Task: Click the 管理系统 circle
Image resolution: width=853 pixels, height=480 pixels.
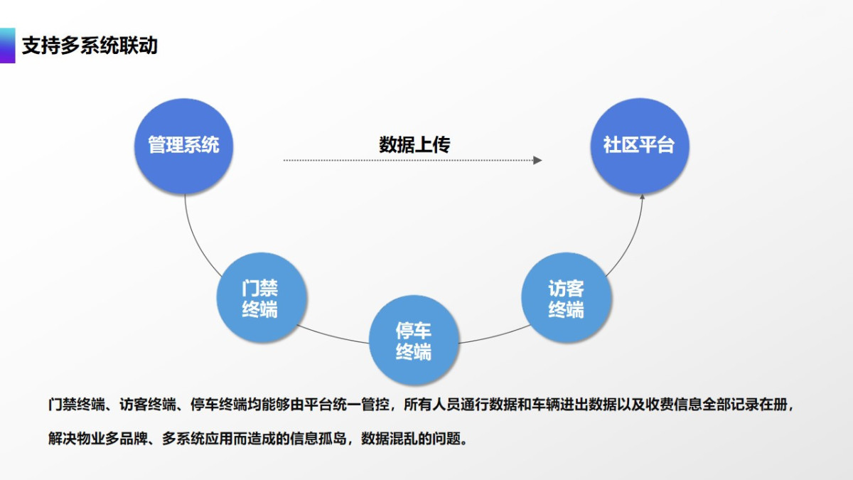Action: point(184,146)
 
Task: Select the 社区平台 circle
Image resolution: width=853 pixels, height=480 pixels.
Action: point(640,146)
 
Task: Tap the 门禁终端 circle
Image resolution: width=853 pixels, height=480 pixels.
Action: point(262,297)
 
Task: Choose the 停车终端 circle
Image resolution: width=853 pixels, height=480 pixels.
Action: point(414,340)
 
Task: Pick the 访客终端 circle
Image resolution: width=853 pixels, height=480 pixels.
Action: point(567,297)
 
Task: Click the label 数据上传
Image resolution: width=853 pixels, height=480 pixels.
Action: point(414,145)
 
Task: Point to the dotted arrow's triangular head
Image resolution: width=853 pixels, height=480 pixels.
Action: point(537,161)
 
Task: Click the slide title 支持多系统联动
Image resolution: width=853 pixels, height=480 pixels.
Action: point(90,46)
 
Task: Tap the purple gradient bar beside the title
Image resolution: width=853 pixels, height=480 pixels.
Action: point(8,46)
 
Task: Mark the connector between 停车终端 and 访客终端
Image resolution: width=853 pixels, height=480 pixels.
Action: point(495,336)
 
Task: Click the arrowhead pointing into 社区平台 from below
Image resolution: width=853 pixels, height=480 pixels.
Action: point(642,197)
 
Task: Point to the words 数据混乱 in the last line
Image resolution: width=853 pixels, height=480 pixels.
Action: point(390,439)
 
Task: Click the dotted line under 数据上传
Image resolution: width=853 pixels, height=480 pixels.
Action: point(408,161)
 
